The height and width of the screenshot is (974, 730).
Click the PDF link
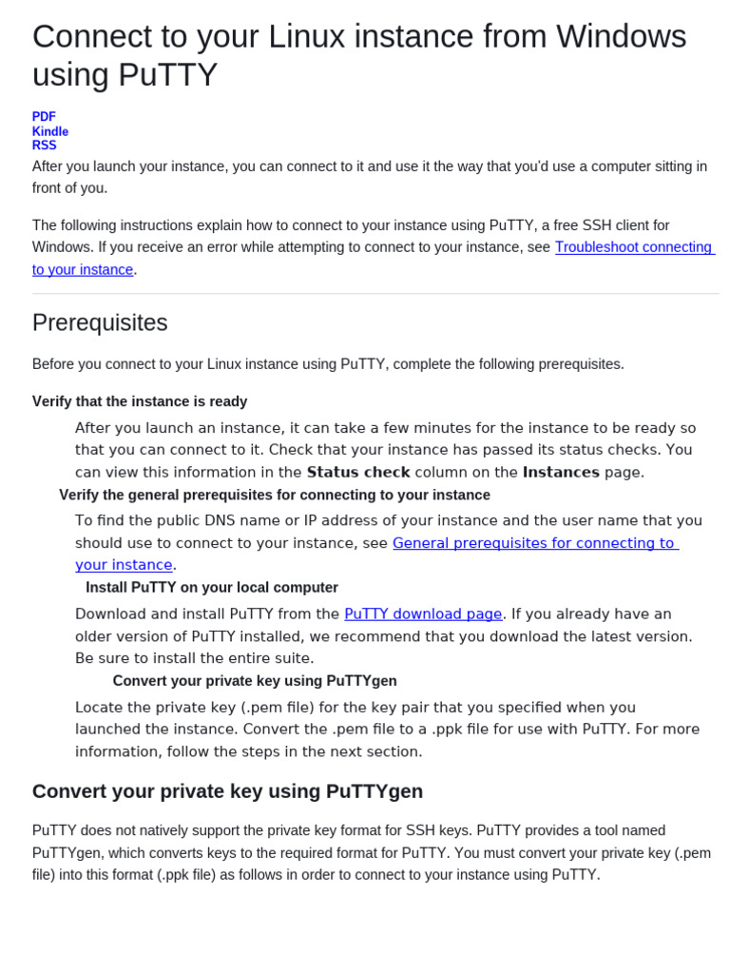[x=44, y=117]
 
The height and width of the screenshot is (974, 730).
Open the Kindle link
[x=49, y=131]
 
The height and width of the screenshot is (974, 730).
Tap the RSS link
[x=44, y=146]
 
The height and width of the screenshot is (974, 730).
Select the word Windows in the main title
[x=621, y=36]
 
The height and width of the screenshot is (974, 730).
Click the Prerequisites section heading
[x=100, y=323]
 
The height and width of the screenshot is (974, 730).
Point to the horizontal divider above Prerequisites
[x=375, y=293]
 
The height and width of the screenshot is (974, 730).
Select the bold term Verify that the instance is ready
[x=140, y=401]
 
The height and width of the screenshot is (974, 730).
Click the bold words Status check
[x=358, y=473]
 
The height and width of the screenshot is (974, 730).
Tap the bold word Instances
[x=561, y=473]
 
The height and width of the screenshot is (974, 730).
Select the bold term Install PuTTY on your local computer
[x=212, y=588]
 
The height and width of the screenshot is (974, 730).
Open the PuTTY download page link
[x=423, y=614]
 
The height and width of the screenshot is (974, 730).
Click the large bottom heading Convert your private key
[x=227, y=791]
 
